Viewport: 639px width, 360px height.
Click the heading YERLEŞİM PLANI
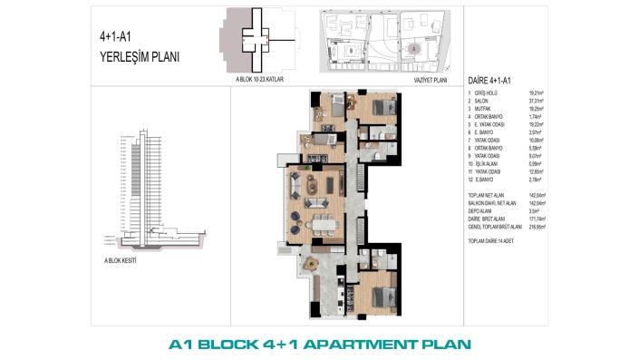coord(139,56)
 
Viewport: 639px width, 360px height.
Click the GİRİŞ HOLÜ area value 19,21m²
coord(539,92)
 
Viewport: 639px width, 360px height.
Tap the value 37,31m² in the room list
coord(539,101)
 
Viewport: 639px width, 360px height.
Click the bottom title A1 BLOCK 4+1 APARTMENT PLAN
coord(321,345)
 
